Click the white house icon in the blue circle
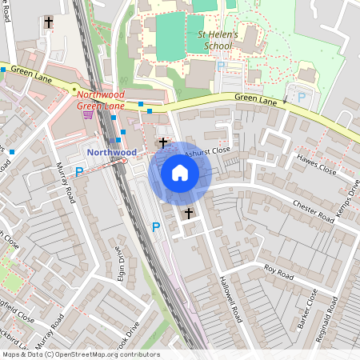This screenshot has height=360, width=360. (x=180, y=173)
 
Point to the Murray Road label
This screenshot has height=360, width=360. (x=66, y=183)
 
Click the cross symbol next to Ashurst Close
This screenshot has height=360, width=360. (x=164, y=143)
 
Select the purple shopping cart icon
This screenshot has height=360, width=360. (x=88, y=114)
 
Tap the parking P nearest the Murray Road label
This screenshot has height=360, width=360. (x=79, y=171)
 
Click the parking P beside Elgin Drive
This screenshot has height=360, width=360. (x=156, y=227)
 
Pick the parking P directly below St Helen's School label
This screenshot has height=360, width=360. (x=221, y=66)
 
